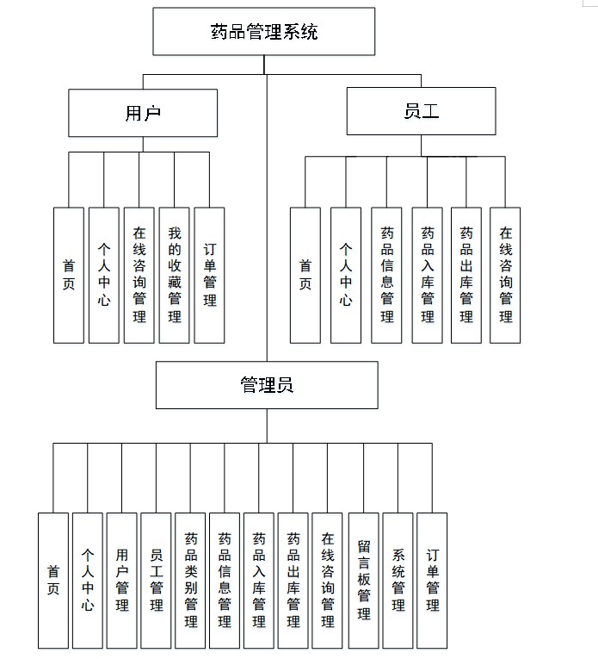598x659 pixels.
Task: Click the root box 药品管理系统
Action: [264, 32]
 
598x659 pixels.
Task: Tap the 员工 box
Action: [421, 111]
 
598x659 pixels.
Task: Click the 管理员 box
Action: [267, 384]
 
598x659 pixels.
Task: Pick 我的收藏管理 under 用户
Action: [175, 275]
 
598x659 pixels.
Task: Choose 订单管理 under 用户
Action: [209, 275]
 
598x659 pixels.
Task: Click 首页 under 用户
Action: [68, 275]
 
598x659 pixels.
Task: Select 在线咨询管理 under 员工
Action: [505, 275]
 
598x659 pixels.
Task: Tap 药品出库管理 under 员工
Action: [465, 275]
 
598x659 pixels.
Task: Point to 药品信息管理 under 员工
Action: [386, 275]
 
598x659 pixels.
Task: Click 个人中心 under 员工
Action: [345, 275]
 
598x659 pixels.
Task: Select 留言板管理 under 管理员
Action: [363, 580]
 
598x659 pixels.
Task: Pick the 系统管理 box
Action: [398, 580]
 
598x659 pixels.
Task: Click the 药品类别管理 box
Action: [190, 580]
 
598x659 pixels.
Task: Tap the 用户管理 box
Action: [122, 580]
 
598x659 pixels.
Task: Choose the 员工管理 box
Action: [156, 580]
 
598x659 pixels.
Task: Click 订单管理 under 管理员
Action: [432, 580]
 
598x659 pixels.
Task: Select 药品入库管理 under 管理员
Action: [259, 580]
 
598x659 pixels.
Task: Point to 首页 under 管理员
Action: [53, 580]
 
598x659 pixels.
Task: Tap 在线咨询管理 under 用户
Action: [139, 275]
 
